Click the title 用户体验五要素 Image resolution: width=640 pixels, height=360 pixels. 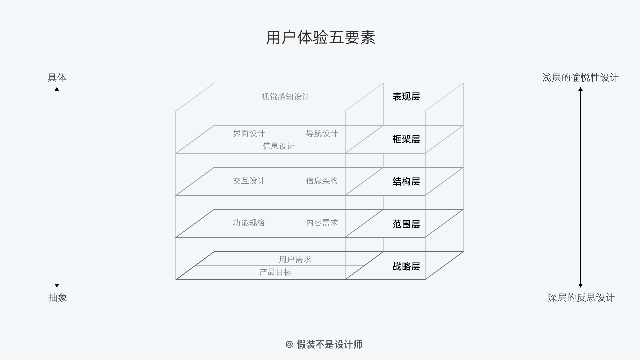click(320, 37)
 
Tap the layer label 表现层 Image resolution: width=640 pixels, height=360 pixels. click(406, 97)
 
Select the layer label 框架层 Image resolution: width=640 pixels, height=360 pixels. click(406, 139)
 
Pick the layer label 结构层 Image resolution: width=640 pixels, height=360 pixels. click(406, 181)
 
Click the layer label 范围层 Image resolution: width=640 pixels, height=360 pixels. click(406, 224)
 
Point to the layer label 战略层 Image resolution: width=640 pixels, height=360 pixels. click(406, 266)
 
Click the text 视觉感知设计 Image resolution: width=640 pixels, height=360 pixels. click(285, 97)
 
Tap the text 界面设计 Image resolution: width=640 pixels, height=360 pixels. click(249, 133)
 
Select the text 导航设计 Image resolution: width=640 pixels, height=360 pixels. click(322, 133)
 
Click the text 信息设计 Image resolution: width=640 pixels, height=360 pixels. click(278, 146)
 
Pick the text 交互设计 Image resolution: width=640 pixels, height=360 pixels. click(249, 181)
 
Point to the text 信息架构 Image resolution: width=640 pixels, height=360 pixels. click(322, 181)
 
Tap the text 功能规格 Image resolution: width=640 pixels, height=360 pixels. click(249, 223)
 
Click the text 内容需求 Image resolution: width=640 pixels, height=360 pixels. click(322, 223)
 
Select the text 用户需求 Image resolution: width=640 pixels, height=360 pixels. click(295, 259)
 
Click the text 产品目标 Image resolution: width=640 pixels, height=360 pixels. click(275, 272)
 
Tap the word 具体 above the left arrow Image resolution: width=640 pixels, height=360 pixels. click(57, 78)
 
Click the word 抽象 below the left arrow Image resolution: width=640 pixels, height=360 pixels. click(58, 297)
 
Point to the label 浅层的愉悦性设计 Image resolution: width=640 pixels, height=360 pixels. click(580, 78)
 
